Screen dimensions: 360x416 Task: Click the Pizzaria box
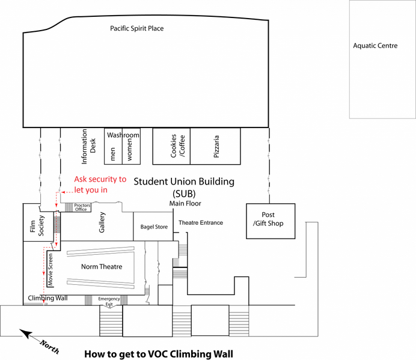[x=216, y=146]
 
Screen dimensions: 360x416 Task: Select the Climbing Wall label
[x=47, y=298]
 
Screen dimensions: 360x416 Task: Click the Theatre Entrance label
[x=200, y=223]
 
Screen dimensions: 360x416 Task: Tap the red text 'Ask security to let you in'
[x=100, y=185]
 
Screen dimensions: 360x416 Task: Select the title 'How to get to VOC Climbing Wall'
[x=158, y=353]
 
